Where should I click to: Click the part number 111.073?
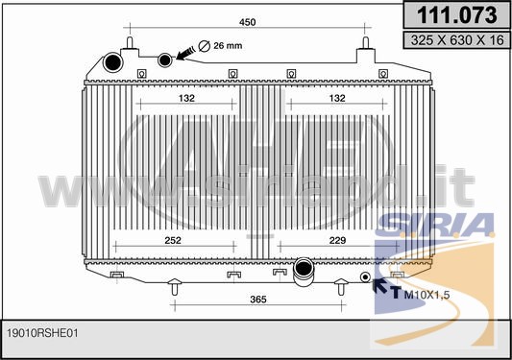tap(457, 15)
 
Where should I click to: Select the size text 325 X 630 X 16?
tap(457, 40)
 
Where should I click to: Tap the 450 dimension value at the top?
tap(248, 22)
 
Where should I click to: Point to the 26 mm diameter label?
tap(228, 45)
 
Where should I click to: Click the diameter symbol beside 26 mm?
tap(205, 46)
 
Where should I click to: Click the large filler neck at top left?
tap(113, 62)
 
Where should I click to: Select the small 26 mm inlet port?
tap(165, 60)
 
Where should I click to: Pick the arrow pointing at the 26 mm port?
tap(185, 54)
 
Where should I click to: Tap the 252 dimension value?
tap(173, 240)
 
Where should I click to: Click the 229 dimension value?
tap(337, 240)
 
